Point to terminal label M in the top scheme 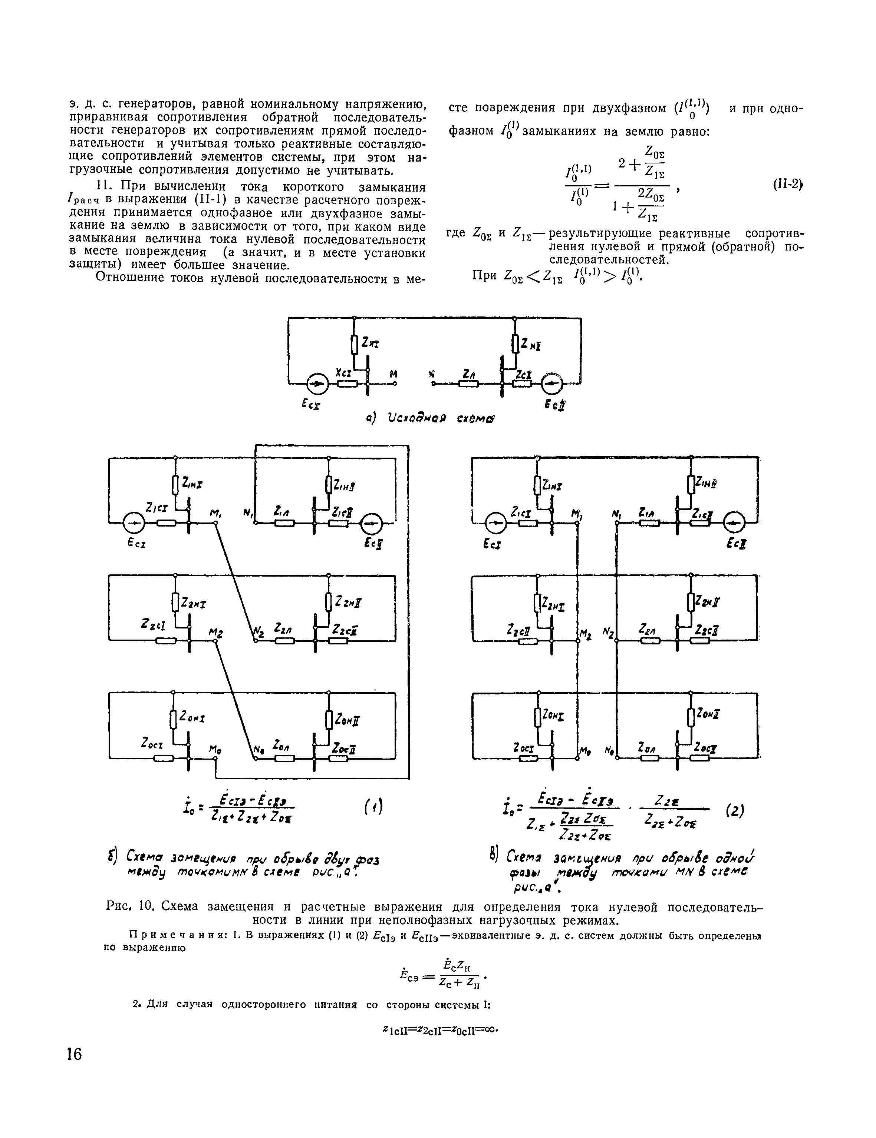393,374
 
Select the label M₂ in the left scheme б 216,633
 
